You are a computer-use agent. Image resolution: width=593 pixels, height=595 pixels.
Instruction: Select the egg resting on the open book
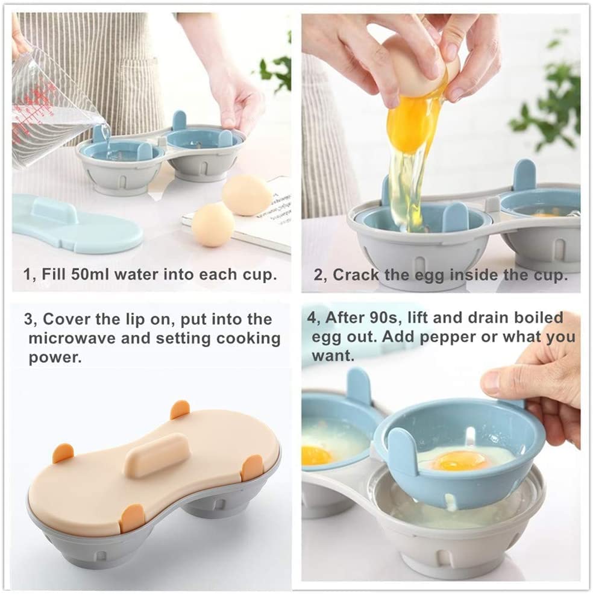click(246, 194)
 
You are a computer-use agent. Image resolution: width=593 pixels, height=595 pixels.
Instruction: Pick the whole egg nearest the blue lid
click(213, 224)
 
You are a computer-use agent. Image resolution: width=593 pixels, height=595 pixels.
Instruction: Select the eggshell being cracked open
click(422, 66)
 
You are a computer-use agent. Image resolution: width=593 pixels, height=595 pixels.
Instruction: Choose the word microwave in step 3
click(73, 338)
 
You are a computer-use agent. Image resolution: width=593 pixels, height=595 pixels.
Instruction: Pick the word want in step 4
click(331, 356)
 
